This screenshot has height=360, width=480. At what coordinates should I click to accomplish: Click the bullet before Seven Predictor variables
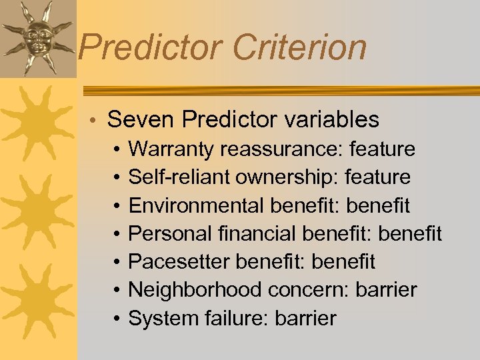coord(96,121)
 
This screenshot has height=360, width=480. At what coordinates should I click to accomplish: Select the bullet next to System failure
coord(116,319)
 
